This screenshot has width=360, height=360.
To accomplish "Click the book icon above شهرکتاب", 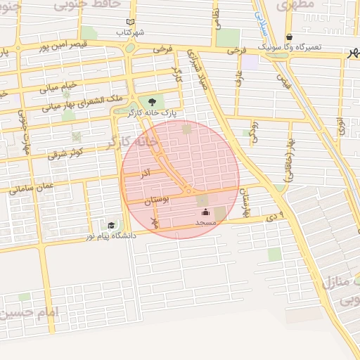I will (x=129, y=22).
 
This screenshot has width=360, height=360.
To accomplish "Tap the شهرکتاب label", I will (x=131, y=32).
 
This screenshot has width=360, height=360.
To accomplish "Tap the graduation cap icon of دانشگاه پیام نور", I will (x=111, y=225).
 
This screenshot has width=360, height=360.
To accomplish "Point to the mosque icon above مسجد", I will (x=205, y=212).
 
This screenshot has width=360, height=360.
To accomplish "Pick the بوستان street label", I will (x=157, y=201).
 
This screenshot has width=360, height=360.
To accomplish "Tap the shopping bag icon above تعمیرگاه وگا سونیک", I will (x=289, y=37).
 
